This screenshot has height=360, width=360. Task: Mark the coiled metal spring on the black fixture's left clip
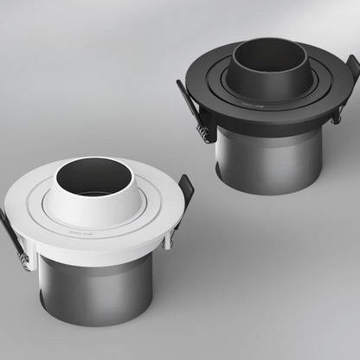204,132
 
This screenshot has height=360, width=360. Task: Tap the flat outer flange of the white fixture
35,227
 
